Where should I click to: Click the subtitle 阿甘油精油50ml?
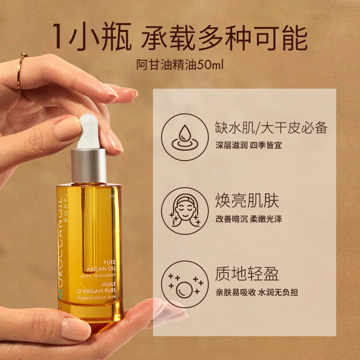[x=180, y=64]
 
